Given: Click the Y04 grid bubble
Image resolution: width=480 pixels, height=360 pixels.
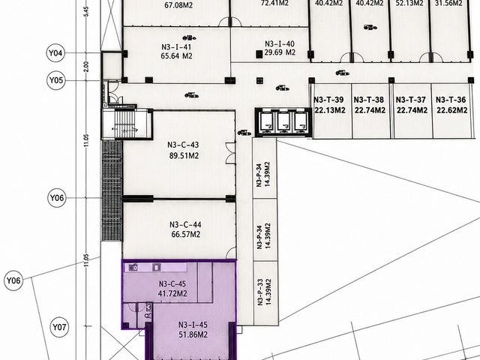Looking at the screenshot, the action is tap(55, 53).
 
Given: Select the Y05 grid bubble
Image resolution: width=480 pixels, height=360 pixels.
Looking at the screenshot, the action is tap(57, 80).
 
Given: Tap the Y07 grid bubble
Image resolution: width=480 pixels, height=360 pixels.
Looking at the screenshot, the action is tap(59, 327).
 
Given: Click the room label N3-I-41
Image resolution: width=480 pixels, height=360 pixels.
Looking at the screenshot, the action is tap(176, 47).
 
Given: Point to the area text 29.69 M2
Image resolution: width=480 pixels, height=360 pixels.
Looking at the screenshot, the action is tap(280, 52).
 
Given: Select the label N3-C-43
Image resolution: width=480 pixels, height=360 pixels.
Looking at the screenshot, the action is tap(183, 145).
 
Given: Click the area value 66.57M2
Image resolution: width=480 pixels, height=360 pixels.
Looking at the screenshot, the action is tap(185, 235).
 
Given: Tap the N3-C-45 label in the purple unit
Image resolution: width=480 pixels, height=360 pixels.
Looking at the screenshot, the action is tap(172, 283).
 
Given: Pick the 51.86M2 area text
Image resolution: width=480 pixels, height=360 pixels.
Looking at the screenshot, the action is tap(193, 334).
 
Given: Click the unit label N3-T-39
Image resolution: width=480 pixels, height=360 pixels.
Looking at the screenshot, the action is tap(328, 100).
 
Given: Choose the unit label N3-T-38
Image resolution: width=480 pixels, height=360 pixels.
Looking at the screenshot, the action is tap(369, 100).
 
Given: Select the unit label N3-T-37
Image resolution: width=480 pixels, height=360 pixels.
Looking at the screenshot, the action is tap(411, 100).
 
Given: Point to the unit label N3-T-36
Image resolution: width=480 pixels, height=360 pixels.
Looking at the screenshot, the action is tap(451, 100).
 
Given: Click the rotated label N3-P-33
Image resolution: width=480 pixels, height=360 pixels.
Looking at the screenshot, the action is tap(260, 292).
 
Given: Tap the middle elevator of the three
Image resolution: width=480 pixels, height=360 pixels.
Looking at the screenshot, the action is tap(283, 121).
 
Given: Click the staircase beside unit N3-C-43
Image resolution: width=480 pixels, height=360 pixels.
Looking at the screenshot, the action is tap(125, 124).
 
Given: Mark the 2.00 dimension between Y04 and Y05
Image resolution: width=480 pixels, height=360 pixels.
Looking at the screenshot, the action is tap(86, 67).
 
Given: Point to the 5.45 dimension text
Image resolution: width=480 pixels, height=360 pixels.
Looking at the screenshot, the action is tap(87, 11).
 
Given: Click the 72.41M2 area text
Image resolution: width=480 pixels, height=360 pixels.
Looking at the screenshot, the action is tap(274, 3).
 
